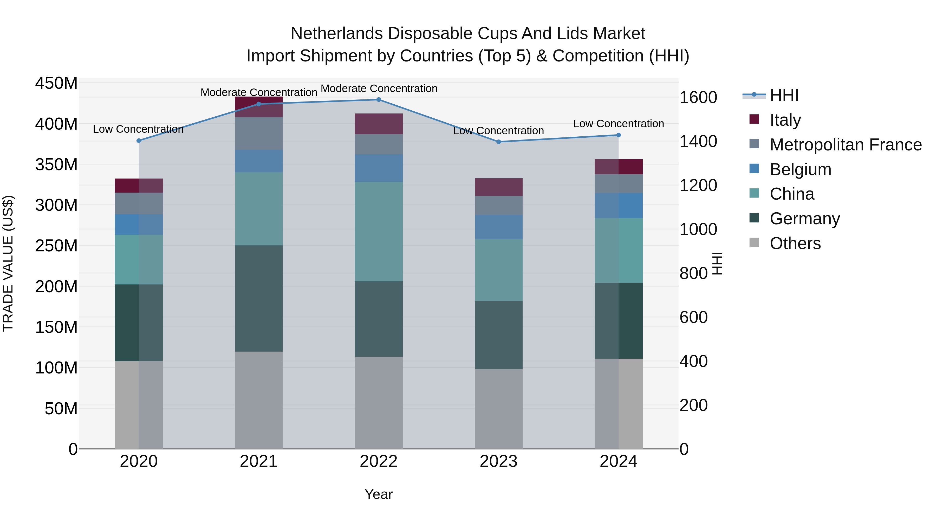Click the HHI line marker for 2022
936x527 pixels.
[378, 100]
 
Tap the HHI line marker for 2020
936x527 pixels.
[139, 141]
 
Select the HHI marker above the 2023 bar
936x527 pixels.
[498, 142]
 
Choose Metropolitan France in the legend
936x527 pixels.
[845, 145]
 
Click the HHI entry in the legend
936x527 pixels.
[784, 95]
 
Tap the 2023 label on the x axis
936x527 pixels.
[498, 461]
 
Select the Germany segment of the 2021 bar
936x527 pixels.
[259, 298]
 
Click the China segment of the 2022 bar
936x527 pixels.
[378, 231]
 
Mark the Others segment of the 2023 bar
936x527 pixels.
[498, 409]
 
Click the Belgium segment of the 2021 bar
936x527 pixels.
[259, 161]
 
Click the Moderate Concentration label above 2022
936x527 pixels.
[379, 88]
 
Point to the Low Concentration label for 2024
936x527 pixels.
[619, 124]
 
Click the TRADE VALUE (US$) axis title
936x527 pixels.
[8, 263]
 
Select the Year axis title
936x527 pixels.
[378, 494]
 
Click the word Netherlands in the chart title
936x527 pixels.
[336, 34]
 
